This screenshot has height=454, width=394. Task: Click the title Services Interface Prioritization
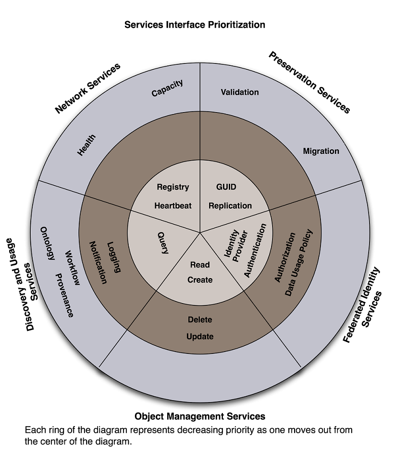point(195,24)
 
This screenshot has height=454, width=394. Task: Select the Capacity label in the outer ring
point(167,88)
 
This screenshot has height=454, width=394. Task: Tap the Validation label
point(240,92)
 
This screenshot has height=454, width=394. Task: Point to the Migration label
point(321,151)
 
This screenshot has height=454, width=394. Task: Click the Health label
point(87,145)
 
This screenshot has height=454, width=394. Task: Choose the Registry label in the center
point(173,187)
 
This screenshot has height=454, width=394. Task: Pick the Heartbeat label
point(173,205)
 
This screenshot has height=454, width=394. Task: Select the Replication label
point(230,205)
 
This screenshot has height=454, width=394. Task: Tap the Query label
point(163,243)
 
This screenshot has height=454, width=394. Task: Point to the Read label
point(200,265)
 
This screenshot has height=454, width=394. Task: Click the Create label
point(200,280)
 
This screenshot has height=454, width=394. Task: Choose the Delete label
point(200,319)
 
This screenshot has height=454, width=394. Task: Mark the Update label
point(200,336)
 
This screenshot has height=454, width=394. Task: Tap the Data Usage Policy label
point(299,263)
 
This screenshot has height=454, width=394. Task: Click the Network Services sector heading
point(87,88)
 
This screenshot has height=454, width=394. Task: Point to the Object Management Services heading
point(200,416)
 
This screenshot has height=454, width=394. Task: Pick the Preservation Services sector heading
point(309,82)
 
